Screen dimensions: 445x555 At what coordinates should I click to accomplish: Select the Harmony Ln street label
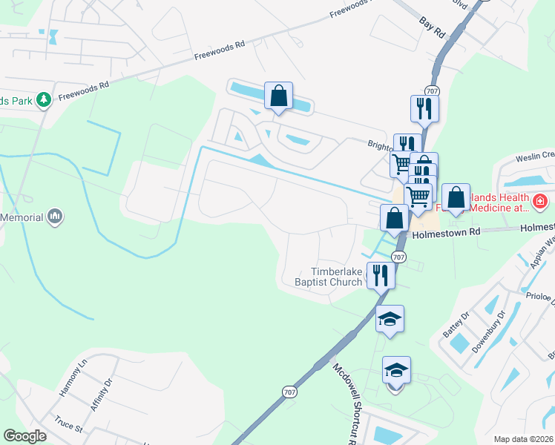pos(73,375)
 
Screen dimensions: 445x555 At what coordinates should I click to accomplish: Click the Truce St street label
pos(68,427)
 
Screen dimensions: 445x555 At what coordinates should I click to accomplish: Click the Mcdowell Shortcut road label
pos(344,400)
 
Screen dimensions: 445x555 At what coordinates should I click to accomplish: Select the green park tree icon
pos(44,99)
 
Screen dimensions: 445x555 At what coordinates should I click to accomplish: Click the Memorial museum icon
pos(54,217)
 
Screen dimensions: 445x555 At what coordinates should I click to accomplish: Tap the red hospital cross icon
pos(540,200)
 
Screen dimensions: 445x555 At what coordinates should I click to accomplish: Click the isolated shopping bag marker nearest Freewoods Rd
pos(278,96)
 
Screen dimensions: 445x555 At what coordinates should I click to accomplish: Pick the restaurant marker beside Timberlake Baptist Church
pos(380,276)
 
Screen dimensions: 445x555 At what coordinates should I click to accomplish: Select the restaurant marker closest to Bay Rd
pos(424,109)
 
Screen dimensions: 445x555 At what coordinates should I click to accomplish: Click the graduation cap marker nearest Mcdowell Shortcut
pos(396,370)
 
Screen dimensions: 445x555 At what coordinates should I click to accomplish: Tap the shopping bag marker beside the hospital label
pos(456,198)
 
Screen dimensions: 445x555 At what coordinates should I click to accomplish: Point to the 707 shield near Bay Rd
pos(433,91)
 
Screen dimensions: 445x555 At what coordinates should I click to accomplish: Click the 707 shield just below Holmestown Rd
pos(398,257)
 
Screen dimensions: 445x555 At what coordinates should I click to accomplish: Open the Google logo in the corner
pos(25,436)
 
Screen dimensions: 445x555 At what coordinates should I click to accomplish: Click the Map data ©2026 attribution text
pos(522,439)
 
